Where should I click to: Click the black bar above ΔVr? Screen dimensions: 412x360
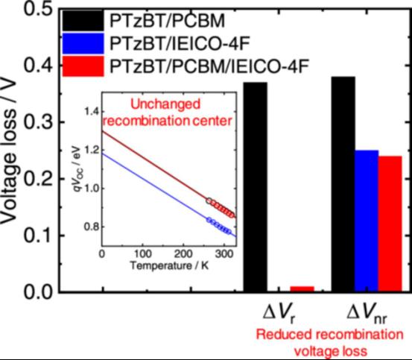tap(256, 187)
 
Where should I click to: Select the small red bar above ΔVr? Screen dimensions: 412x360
tap(302, 288)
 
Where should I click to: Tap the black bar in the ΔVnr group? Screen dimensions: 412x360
tap(343, 184)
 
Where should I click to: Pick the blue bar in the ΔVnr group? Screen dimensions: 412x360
tap(367, 221)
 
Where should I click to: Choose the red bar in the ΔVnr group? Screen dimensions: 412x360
tap(390, 224)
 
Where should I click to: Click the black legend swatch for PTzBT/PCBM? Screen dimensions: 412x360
tap(83, 21)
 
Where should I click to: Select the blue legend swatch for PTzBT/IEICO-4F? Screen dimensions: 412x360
tap(83, 44)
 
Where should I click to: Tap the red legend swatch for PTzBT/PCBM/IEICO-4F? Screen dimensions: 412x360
tap(83, 66)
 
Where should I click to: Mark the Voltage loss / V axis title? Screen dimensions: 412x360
tap(9, 151)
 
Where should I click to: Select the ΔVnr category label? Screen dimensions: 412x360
tap(367, 313)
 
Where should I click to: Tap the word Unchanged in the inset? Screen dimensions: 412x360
tap(165, 104)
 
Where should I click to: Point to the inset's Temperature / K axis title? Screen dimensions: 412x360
tap(169, 265)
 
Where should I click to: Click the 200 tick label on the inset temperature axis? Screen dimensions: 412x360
tap(183, 254)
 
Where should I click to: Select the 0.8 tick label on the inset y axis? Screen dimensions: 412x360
tap(91, 227)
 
